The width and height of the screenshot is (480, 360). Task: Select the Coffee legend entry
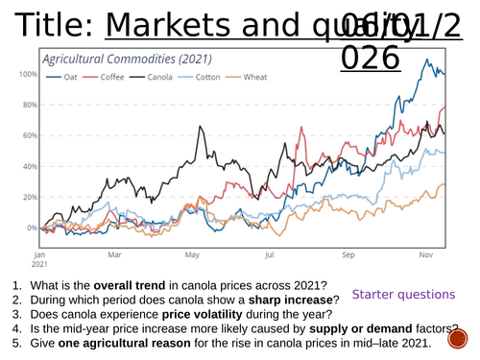pos(111,78)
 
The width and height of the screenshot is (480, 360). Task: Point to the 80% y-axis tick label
pos(29,105)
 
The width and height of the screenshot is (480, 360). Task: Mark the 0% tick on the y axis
pos(32,228)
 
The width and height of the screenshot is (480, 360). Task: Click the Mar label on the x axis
pos(114,255)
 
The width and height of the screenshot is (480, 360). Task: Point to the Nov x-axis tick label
pos(427,255)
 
